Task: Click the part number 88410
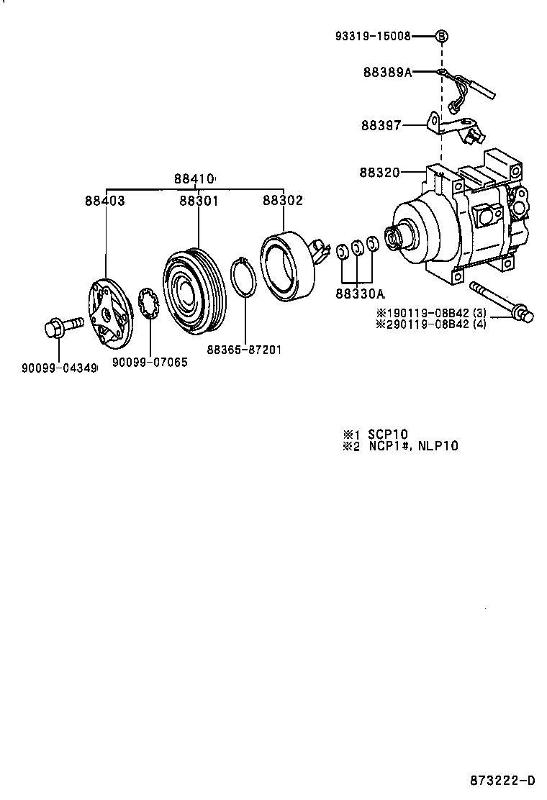(x=194, y=178)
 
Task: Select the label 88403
(x=104, y=201)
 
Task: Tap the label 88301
(x=199, y=201)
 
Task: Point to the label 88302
(x=282, y=201)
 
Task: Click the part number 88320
(x=380, y=172)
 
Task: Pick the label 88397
(x=381, y=125)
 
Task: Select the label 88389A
(x=387, y=72)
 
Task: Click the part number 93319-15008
(x=383, y=35)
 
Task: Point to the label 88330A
(x=360, y=294)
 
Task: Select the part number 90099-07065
(x=150, y=363)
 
